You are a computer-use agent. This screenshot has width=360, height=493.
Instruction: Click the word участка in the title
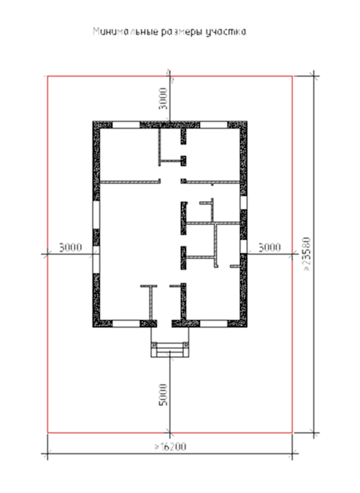pos(226,32)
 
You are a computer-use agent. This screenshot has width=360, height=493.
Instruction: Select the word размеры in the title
pos(182,33)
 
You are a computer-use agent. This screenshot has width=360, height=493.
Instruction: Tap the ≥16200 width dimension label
pos(170,446)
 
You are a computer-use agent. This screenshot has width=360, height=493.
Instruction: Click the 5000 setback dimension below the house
pos(163,394)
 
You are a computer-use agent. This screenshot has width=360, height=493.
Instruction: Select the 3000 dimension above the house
pos(163,99)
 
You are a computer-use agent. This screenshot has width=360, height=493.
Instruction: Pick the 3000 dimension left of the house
pos(70,248)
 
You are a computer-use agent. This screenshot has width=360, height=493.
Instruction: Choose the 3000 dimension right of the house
pos(270,248)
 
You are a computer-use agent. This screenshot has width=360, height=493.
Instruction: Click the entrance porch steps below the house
pos(170,349)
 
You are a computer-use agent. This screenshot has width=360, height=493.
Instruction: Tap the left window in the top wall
pos(126,125)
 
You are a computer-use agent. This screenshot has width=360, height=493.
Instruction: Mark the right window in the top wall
pos(213,125)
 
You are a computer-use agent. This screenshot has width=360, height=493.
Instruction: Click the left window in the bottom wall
pos(126,323)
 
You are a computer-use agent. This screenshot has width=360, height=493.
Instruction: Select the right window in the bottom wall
pos(213,323)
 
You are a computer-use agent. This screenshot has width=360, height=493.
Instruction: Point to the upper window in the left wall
pos(96,215)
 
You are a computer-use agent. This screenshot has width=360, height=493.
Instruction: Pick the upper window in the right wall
pos(243,202)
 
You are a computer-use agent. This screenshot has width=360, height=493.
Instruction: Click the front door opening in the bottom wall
pos(164,323)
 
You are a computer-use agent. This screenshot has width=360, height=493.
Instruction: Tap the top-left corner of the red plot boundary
pos(48,76)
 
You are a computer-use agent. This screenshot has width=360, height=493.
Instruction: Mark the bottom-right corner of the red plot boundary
pos(292,433)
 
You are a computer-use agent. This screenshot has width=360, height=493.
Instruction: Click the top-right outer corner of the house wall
pos(247,122)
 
